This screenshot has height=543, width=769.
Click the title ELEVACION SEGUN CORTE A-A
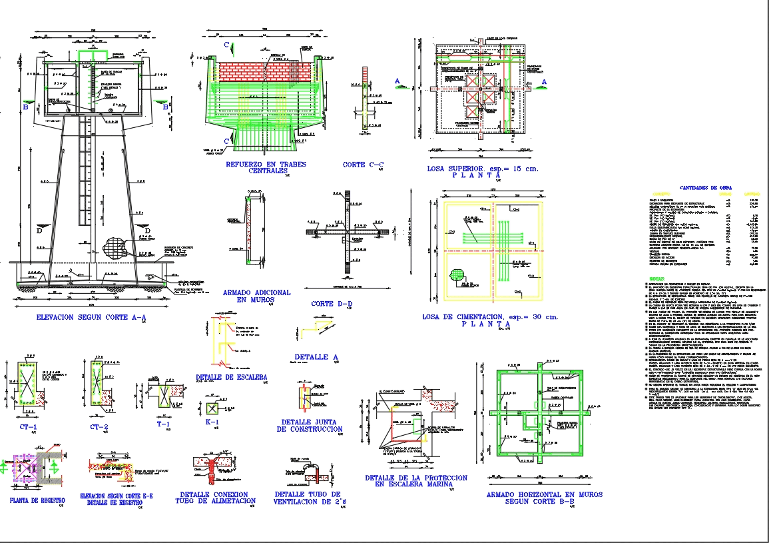coord(91,318)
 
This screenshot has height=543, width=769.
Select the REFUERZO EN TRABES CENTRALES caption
coord(266,167)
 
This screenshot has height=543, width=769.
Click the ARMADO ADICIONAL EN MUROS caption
coord(256,296)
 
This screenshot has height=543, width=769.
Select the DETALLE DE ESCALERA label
coord(232,377)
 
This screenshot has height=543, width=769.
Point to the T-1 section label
coord(163,424)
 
